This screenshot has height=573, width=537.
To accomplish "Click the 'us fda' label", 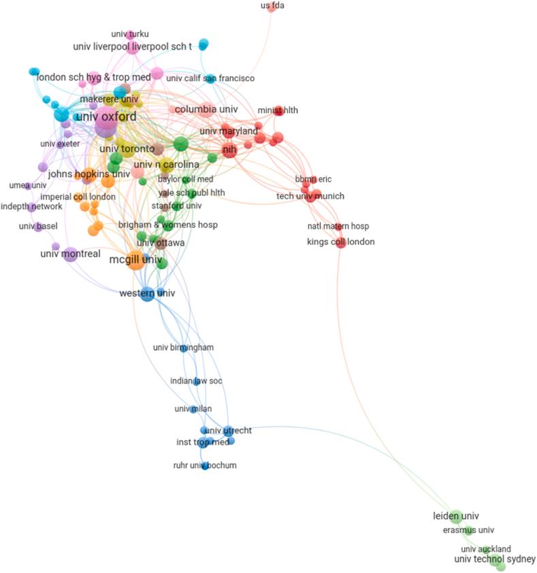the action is [272, 6].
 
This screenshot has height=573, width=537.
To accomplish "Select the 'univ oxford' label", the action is [105, 117].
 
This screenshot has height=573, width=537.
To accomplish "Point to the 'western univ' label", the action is [147, 293].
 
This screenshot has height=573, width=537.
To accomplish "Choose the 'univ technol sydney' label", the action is [495, 559].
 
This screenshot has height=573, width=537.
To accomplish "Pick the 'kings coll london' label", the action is [340, 242].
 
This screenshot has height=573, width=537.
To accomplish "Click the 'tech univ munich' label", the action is [310, 197].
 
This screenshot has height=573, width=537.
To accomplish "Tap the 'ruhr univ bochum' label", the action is [205, 465].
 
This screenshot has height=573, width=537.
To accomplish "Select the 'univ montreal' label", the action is [70, 254].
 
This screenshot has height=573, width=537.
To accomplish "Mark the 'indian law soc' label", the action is [196, 381].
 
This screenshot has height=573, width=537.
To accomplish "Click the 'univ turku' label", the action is [129, 34].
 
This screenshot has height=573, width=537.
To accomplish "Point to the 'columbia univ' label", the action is [206, 109].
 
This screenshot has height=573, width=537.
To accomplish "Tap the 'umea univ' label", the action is [28, 185].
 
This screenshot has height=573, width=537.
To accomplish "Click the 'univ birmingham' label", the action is [183, 348].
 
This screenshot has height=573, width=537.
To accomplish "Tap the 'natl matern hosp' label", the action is [339, 226].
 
